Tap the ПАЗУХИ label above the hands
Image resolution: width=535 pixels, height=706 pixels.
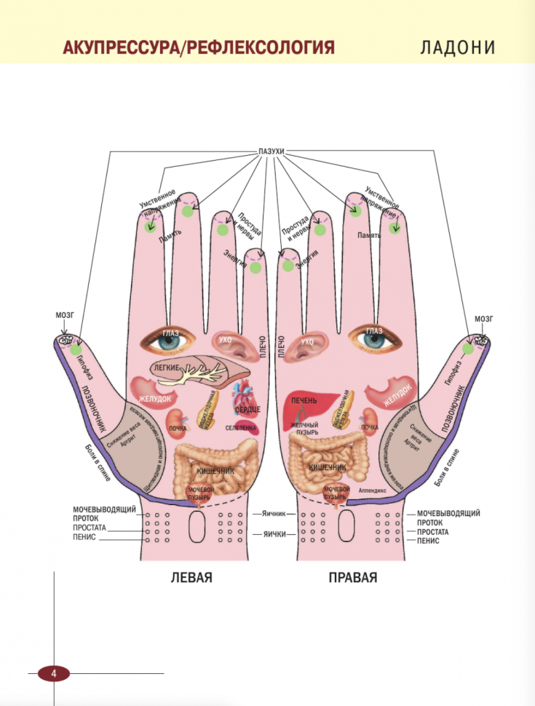270,151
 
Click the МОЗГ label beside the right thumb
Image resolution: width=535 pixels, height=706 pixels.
483,318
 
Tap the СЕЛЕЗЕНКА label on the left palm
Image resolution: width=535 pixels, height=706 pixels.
241,428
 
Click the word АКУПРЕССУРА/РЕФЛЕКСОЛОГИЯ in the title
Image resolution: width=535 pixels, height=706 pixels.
199,48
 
